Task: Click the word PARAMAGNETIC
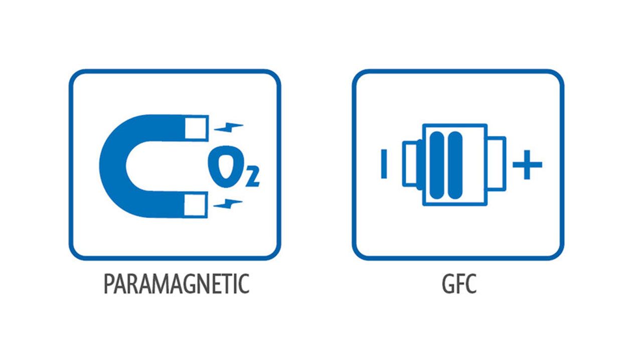click(x=176, y=284)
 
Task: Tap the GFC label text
click(x=458, y=284)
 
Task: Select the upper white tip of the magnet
click(x=196, y=128)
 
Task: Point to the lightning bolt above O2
click(x=229, y=127)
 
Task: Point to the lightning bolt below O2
click(x=229, y=203)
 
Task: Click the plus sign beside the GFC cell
click(x=527, y=165)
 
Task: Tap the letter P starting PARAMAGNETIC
click(x=109, y=284)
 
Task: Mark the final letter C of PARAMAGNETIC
click(x=243, y=284)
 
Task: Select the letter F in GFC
click(x=459, y=284)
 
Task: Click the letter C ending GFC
click(x=470, y=284)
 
